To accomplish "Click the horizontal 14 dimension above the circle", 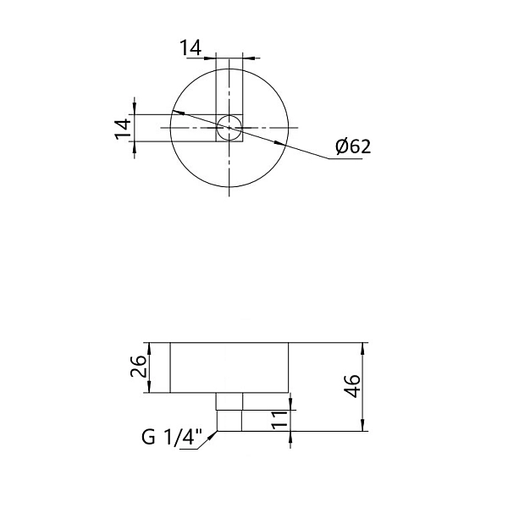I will pos(190,48).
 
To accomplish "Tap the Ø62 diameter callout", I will pos(352,146).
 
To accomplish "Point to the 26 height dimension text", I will pos(141,367).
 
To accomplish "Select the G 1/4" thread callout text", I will pos(172,438).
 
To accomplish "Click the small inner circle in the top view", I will pos(229,129).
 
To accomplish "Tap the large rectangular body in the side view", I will pos(230,367).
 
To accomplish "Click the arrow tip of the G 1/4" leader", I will pos(217,433).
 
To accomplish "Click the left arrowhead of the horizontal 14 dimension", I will pos(212,58).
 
